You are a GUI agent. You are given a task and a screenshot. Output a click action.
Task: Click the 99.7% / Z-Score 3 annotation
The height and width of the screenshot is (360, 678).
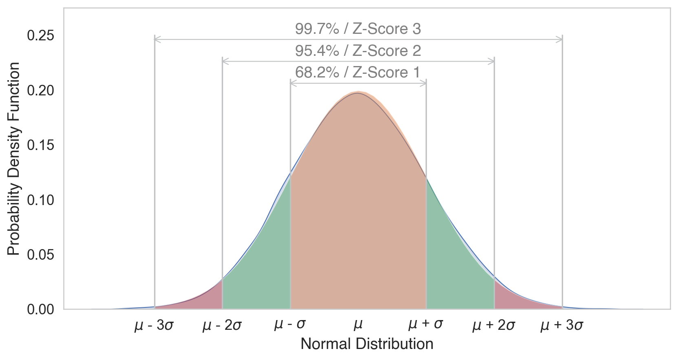click(x=358, y=29)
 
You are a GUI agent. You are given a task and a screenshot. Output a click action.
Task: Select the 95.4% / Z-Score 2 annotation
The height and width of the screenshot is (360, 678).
click(x=358, y=51)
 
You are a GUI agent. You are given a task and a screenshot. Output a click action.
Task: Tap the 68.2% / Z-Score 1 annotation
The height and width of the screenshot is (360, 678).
click(x=358, y=73)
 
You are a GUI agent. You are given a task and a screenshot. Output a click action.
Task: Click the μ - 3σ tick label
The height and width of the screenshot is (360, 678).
click(x=154, y=325)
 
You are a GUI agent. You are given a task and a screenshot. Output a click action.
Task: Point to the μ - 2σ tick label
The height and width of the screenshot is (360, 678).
click(x=222, y=325)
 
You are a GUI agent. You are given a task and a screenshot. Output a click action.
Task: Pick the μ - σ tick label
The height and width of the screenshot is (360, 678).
click(x=290, y=325)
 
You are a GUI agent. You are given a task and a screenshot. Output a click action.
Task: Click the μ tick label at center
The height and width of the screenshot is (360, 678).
click(x=358, y=325)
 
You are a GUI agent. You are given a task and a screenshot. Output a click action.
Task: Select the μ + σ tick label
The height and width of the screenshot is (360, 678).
click(x=426, y=324)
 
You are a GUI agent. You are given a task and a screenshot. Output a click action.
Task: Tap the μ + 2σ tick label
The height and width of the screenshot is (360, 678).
click(x=494, y=325)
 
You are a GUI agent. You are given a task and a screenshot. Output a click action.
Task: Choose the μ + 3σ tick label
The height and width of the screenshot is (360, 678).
click(x=562, y=325)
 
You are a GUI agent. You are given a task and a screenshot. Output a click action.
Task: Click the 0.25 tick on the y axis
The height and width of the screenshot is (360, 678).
click(x=40, y=36)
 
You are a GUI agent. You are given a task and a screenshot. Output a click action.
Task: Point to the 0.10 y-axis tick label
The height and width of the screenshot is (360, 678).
click(x=40, y=200)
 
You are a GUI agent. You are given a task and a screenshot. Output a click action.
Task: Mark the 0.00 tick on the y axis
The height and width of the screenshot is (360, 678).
click(x=40, y=310)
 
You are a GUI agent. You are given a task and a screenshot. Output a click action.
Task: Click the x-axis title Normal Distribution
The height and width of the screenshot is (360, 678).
click(x=367, y=344)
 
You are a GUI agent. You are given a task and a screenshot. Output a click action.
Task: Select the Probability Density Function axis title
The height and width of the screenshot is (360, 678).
click(x=14, y=159)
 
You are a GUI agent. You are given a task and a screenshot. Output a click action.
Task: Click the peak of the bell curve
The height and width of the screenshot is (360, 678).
click(x=358, y=93)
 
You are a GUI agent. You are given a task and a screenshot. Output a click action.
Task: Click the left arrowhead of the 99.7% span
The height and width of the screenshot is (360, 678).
click(x=157, y=39)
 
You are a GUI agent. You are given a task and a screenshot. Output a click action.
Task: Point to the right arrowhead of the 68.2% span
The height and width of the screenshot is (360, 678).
click(x=424, y=83)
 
